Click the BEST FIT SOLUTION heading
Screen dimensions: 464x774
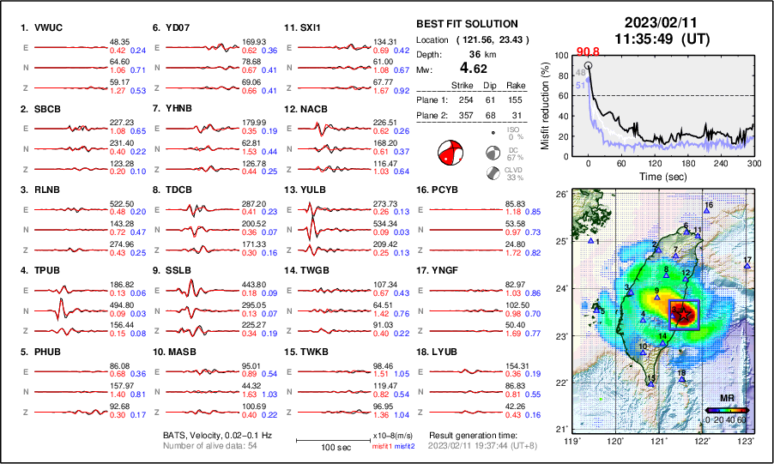467,24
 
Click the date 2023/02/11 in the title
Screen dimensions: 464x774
655,23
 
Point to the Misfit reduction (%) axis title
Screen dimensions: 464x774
545,105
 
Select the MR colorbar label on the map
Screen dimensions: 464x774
726,399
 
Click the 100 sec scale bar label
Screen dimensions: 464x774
322,449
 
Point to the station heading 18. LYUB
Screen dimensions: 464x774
440,353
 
